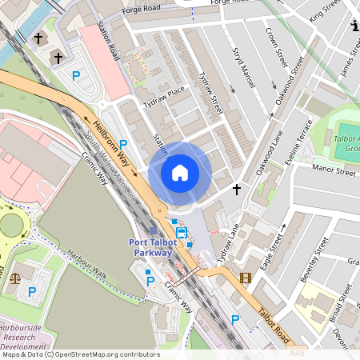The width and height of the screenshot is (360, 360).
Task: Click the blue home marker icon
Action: click(x=180, y=172)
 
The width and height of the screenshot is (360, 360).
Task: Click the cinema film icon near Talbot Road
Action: click(x=245, y=278)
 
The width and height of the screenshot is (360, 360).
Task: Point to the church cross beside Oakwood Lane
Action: click(x=236, y=189)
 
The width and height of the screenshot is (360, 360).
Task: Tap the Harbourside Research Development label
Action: click(x=22, y=335)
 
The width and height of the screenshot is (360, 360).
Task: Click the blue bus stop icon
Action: click(x=182, y=234)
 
